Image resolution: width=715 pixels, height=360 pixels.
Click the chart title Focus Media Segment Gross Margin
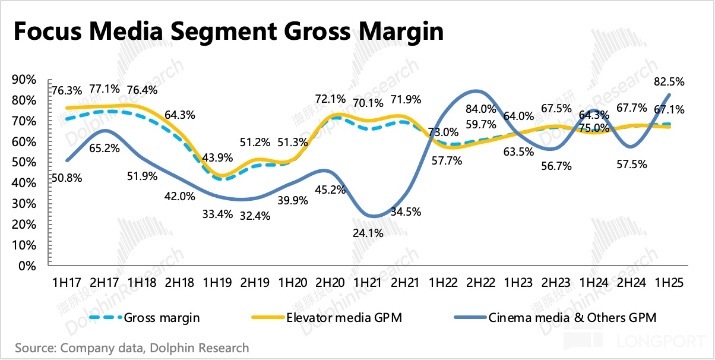click(x=227, y=31)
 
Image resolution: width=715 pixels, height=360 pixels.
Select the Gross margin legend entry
click(x=162, y=317)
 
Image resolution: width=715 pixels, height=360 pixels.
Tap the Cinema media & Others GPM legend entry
click(x=572, y=317)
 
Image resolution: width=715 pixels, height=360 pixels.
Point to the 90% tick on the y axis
click(x=24, y=80)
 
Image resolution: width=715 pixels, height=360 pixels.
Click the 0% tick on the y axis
click(x=27, y=266)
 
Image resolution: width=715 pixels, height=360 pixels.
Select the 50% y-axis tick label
click(x=24, y=162)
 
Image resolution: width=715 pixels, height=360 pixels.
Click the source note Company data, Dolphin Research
click(x=132, y=348)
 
